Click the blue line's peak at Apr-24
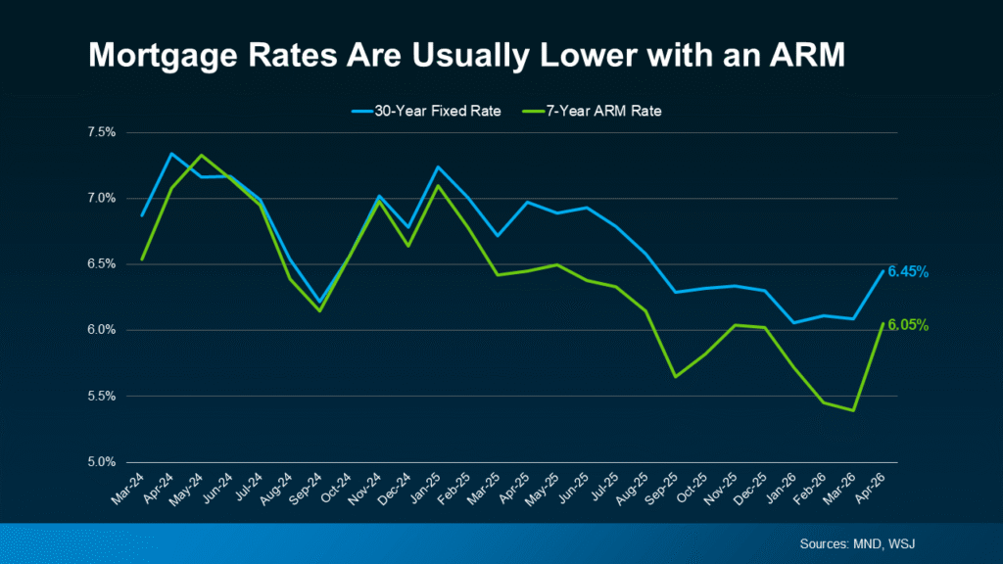tap(171, 154)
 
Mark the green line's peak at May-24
tap(201, 156)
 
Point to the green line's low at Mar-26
tap(856, 410)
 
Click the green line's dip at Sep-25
tap(675, 376)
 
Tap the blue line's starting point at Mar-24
tap(143, 215)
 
